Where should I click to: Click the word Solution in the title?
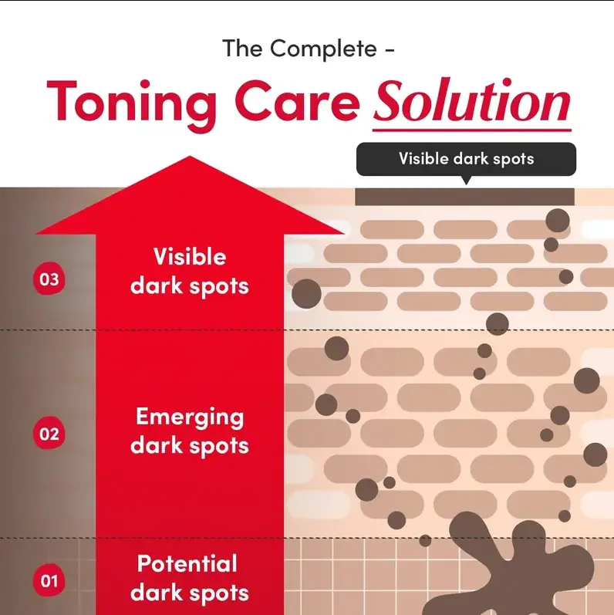[x=471, y=101]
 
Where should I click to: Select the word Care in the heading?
[x=298, y=101]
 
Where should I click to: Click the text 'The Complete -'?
[x=309, y=49]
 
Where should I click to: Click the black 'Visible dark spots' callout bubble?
[x=466, y=159]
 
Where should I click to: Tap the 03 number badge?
[x=49, y=279]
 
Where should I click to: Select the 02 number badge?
[x=49, y=434]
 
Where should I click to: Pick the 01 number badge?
[x=49, y=580]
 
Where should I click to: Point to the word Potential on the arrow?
[x=187, y=563]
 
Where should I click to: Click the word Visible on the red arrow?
[x=190, y=256]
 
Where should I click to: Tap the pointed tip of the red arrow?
[x=190, y=157]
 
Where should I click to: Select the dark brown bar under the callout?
[x=464, y=197]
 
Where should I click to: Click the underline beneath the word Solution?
[x=471, y=129]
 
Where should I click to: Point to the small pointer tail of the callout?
[x=466, y=180]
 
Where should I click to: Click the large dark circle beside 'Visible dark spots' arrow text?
[x=306, y=294]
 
